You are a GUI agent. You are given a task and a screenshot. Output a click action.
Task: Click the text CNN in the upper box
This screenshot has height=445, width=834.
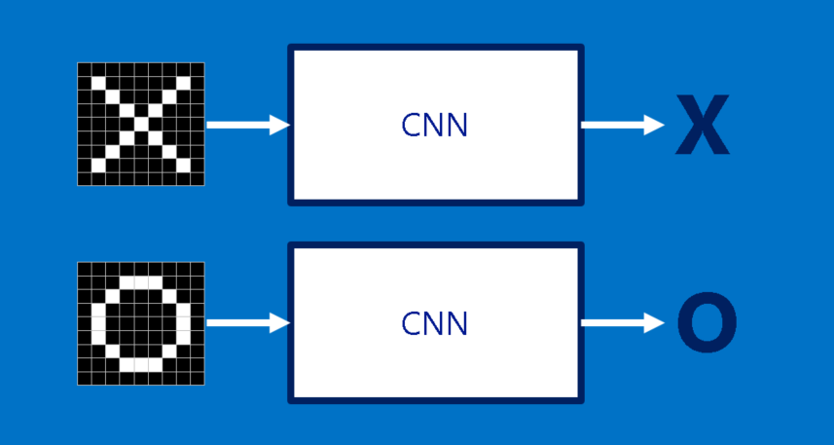[x=434, y=125]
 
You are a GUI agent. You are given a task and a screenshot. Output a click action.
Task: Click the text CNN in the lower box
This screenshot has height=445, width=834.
[x=434, y=323]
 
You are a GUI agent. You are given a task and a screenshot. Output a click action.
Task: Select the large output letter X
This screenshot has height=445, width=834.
[x=702, y=126]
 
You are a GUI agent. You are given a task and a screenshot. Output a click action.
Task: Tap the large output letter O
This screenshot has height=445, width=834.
[x=706, y=324]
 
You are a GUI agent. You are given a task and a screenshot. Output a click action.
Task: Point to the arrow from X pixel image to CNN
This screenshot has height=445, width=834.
[x=248, y=125]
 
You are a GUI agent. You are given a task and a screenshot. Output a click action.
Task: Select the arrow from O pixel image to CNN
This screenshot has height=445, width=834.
[x=248, y=323]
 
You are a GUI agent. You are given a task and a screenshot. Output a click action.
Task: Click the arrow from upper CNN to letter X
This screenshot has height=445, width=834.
[x=622, y=125]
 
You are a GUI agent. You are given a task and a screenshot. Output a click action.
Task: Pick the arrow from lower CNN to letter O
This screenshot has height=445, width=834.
[x=622, y=323]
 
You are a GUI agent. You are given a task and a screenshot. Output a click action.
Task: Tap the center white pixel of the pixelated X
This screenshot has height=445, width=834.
[x=141, y=125]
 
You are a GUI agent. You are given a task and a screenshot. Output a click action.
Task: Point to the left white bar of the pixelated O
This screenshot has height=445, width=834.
[x=98, y=323]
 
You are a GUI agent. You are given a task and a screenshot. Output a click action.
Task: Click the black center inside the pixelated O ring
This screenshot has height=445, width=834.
[x=141, y=323]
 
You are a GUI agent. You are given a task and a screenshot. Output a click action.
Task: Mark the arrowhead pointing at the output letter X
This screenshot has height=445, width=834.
[x=655, y=125]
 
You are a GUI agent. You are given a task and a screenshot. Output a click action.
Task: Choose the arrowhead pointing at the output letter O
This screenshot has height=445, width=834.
[x=655, y=323]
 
